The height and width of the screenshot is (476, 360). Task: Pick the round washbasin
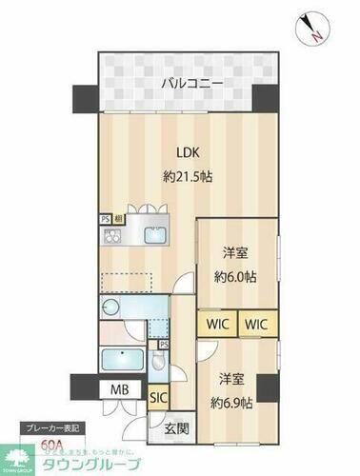coord(110,307)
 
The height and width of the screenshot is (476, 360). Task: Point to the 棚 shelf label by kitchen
coord(116,216)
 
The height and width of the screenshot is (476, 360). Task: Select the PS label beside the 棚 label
coord(105,216)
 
